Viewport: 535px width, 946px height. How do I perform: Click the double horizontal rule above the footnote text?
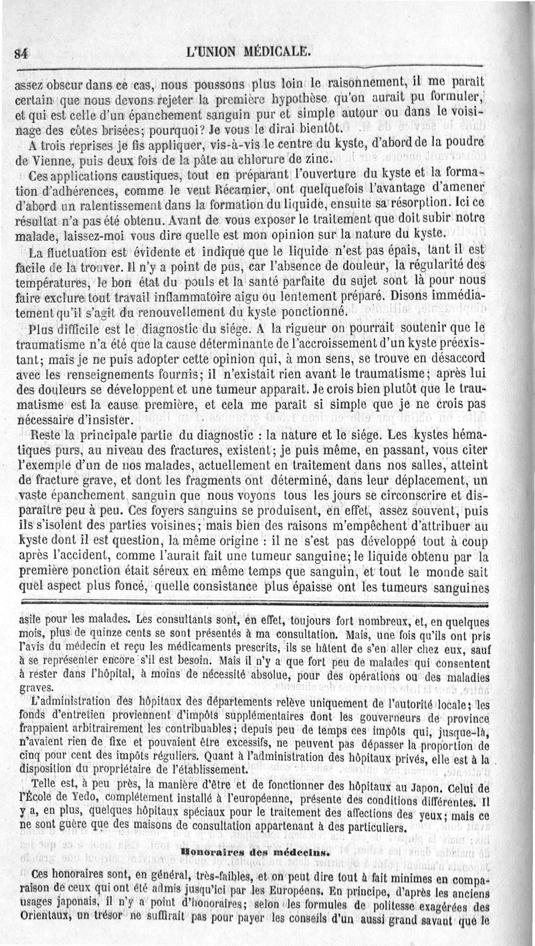267,602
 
